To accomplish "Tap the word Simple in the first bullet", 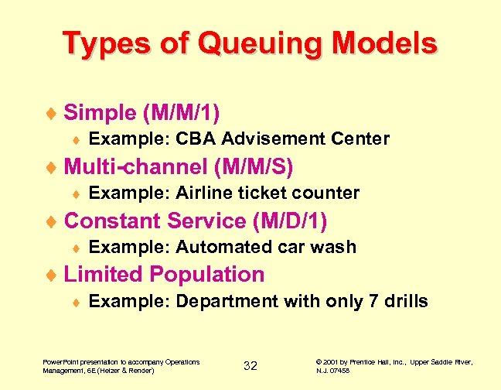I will [100, 113].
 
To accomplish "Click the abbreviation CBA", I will [194, 139].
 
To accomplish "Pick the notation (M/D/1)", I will [290, 221].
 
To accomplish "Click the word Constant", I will [113, 221].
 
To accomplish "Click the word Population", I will [207, 275].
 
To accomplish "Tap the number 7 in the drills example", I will [374, 302].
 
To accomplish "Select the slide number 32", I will [250, 366].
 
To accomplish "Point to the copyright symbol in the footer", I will [320, 361].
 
